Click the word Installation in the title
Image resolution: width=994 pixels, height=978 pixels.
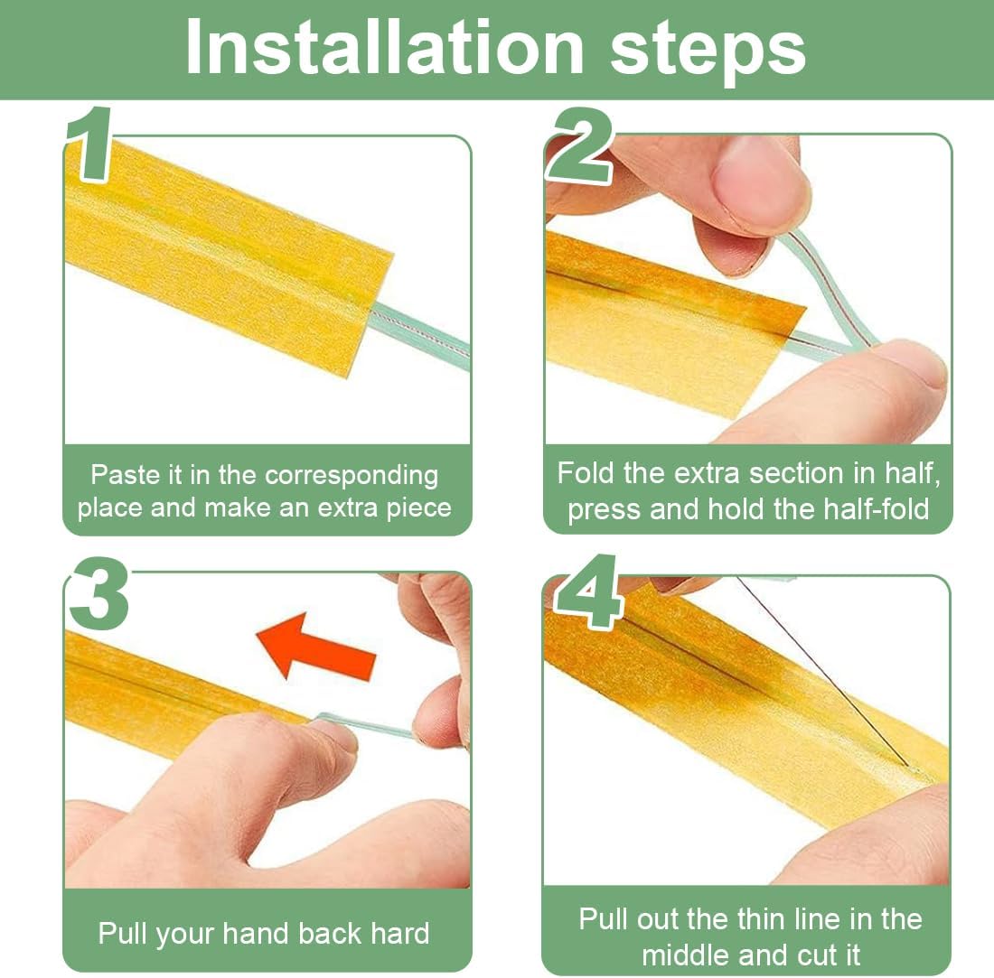pyautogui.click(x=384, y=48)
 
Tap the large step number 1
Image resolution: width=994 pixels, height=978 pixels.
pyautogui.click(x=89, y=144)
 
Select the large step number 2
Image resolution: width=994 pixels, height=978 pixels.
pyautogui.click(x=581, y=144)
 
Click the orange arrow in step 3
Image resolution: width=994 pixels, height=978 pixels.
pyautogui.click(x=315, y=646)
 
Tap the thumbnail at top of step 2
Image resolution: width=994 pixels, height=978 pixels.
pyautogui.click(x=756, y=181)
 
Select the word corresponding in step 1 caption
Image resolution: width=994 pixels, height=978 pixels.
pyautogui.click(x=352, y=476)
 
